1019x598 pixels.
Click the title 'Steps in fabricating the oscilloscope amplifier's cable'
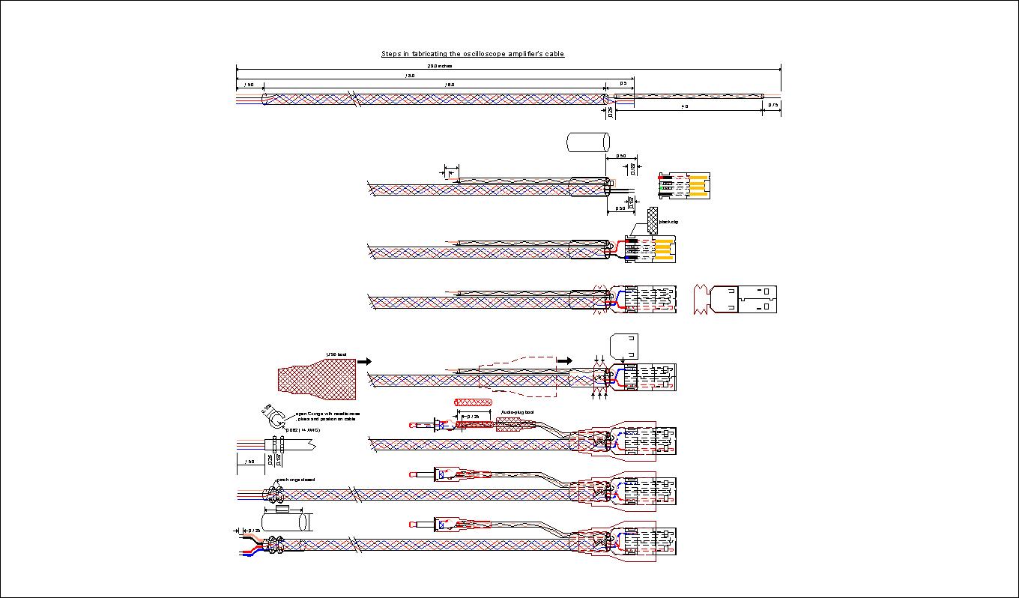pos(472,54)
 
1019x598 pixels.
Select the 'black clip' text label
pos(668,222)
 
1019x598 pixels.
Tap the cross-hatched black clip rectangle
pos(652,220)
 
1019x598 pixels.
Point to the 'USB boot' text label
pos(336,354)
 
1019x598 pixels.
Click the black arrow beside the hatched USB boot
pos(364,361)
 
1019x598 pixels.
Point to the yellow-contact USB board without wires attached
pos(683,186)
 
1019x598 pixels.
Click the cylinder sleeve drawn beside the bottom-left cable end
pos(284,522)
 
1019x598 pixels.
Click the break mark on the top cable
pos(350,98)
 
